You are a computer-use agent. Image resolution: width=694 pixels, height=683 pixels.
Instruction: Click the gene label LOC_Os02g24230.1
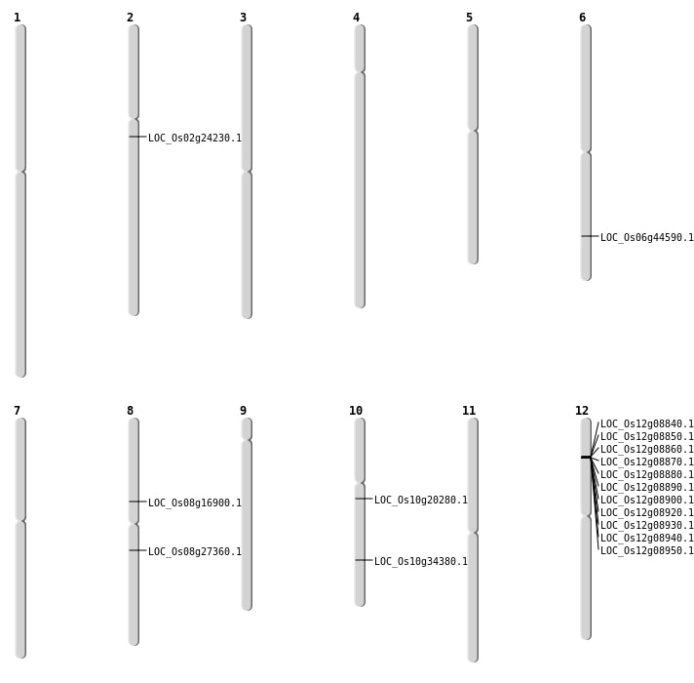pos(195,138)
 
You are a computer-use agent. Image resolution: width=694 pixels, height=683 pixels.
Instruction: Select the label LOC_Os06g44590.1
pos(646,237)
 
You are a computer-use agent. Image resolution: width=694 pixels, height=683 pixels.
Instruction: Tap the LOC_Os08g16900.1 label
pos(195,502)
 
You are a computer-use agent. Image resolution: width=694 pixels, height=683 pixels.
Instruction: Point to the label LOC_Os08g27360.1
pos(195,551)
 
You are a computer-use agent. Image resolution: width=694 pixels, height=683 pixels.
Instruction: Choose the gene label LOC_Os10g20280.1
pos(421,500)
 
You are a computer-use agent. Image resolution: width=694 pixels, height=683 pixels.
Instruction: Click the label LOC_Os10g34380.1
pos(421,561)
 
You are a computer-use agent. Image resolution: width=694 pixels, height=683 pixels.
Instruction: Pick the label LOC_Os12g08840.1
pos(646,423)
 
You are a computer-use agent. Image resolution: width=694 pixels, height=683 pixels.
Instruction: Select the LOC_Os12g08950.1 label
pos(646,550)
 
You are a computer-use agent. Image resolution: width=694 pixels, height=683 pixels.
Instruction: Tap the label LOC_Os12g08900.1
pos(646,500)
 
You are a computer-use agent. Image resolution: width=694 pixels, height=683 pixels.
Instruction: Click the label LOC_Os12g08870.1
pos(646,462)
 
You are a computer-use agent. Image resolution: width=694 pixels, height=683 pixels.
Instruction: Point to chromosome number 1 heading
pos(18,18)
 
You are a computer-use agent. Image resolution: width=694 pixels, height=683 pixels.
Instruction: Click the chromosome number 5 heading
pos(469,18)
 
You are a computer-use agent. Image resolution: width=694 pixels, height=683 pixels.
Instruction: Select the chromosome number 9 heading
pos(243,411)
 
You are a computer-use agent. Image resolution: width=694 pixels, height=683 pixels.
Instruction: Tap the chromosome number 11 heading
pos(469,411)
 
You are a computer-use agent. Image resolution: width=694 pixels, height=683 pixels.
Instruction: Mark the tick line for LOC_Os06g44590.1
pos(590,236)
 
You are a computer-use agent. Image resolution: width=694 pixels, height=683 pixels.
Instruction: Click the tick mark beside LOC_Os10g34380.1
pos(364,560)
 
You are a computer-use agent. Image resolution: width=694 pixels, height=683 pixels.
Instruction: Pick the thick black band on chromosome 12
pos(586,457)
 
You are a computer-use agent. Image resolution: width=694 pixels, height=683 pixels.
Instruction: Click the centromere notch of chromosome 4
pos(360,71)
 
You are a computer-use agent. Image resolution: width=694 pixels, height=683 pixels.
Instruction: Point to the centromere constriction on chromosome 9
pos(247,439)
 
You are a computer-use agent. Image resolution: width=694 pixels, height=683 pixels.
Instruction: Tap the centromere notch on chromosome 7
pos(20,520)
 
